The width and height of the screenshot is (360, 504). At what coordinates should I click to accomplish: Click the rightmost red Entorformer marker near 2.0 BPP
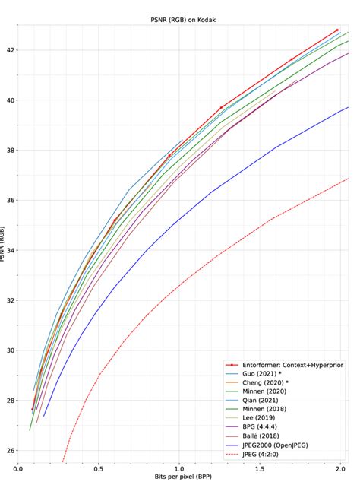(x=336, y=30)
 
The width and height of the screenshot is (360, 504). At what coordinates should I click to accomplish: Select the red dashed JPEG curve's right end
(x=348, y=179)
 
